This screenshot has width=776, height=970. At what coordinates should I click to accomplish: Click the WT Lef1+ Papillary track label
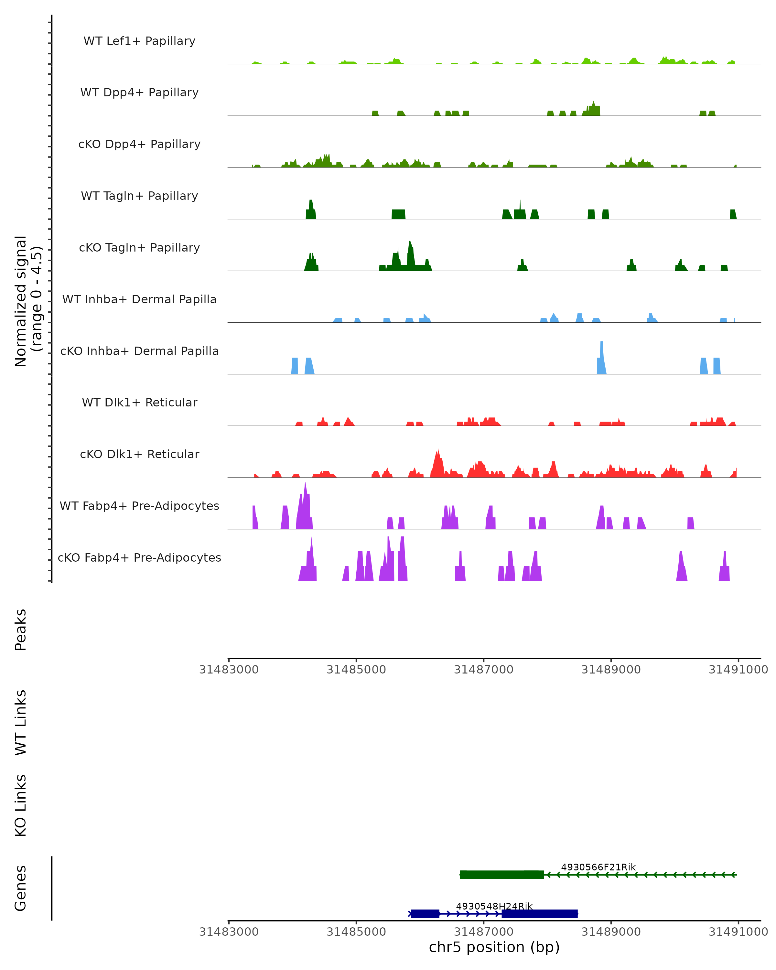139,41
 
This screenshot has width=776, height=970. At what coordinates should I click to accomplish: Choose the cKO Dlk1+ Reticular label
139,454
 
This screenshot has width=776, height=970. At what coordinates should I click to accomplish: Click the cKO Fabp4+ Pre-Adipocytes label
139,557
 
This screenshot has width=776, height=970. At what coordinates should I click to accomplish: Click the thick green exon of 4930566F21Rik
501,875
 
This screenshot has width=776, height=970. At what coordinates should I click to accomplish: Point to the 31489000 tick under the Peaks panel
610,670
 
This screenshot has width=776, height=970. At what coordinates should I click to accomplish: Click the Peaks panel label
21,630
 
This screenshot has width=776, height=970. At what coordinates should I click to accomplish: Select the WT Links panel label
21,722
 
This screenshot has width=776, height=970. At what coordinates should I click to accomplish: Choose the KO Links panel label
21,805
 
